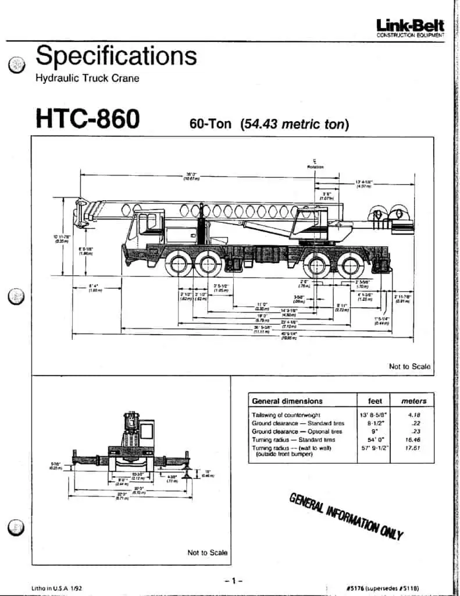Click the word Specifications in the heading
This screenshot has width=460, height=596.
click(x=116, y=56)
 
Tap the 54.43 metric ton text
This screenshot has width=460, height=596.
click(x=294, y=123)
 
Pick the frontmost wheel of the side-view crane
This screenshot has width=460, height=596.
click(x=179, y=265)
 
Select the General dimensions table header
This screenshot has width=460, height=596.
click(x=287, y=401)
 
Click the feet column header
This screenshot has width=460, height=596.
click(x=375, y=401)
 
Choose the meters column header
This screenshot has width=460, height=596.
click(x=414, y=401)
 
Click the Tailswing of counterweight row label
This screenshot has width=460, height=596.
click(x=287, y=415)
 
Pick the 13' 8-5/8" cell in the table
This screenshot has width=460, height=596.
click(x=375, y=415)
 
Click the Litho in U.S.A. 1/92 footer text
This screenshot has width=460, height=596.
click(x=57, y=588)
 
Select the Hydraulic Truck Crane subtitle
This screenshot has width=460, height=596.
click(x=88, y=78)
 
